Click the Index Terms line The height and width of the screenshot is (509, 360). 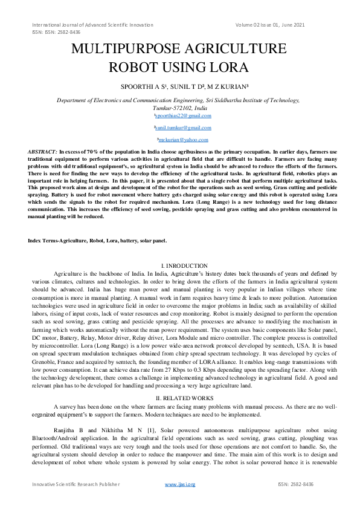(x=97, y=241)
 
